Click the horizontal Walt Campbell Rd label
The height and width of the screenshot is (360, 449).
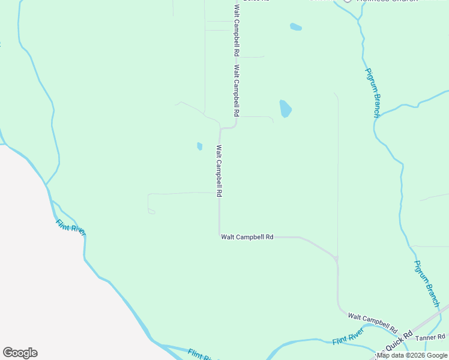coord(247,237)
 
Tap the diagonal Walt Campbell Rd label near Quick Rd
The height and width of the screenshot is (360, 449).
coord(373,323)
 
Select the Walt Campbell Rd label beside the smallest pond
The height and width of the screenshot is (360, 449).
coord(219,171)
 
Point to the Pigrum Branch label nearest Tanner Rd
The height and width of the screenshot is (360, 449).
coord(427,283)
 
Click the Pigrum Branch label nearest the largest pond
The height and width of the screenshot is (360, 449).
coord(373,92)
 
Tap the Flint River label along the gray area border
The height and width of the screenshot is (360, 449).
coord(71,227)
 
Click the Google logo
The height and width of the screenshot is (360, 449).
coord(20,353)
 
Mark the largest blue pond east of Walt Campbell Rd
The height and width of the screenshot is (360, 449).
coord(285,109)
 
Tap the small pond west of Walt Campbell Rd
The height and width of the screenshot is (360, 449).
coord(199,146)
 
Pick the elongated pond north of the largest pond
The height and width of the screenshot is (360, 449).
coord(295,26)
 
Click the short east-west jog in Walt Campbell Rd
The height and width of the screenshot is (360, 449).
coord(228,128)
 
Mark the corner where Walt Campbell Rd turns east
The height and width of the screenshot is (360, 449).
coord(220,236)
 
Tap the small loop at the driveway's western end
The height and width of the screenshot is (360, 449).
coord(151,211)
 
